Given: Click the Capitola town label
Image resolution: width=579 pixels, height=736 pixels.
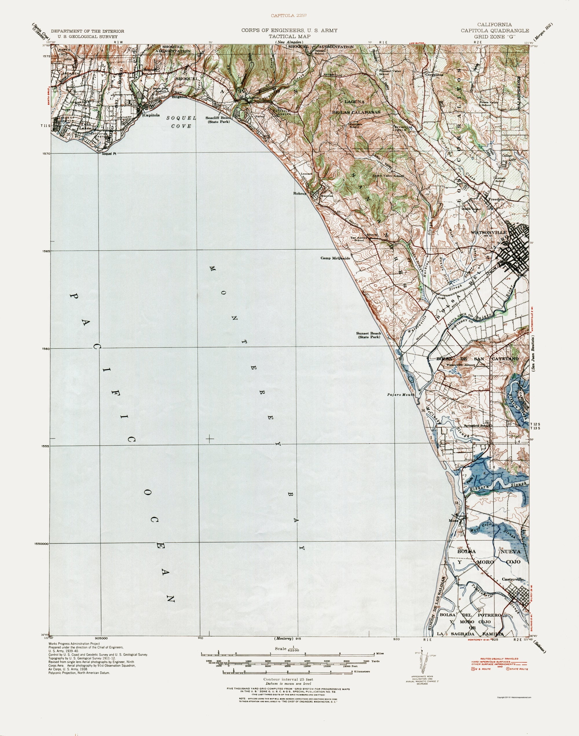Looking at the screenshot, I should (151, 115).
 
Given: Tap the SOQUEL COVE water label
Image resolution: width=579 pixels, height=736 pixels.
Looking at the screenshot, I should (181, 122).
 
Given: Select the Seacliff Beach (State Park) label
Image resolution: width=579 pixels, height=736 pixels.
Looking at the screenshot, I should (218, 120).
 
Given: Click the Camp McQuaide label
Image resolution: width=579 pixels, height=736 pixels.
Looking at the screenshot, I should (335, 258).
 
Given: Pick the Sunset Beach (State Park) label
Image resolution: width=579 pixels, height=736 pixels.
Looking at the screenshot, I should (369, 335).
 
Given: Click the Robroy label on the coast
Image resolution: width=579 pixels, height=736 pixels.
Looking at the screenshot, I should (300, 194).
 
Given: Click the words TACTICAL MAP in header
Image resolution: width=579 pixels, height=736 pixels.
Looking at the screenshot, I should (289, 36).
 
